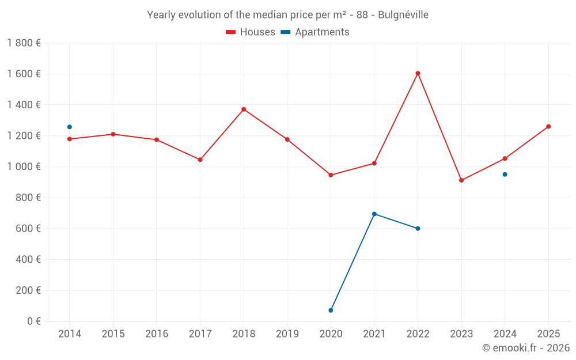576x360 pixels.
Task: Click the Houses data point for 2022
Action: coord(418,73)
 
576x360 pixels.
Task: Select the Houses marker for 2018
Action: coord(244,109)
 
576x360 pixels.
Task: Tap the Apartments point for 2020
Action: coord(331,310)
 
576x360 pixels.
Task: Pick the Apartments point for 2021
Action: coord(374,214)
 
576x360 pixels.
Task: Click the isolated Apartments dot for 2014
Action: coord(70,127)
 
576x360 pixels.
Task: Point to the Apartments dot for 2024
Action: coord(505,175)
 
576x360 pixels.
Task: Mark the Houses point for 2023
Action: coord(461,180)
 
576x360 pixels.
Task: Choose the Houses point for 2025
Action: coord(548,127)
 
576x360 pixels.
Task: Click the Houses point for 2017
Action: coord(200,160)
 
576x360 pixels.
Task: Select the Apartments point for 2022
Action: coord(418,229)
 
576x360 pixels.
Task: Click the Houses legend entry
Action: coord(251,32)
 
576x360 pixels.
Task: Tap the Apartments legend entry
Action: coord(315,32)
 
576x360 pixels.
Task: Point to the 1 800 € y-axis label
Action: coord(24,43)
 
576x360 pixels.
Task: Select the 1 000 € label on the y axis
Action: coord(24,167)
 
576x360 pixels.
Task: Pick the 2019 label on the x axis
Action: coord(287,334)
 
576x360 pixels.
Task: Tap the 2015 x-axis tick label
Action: coord(113,334)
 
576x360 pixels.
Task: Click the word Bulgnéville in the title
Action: coord(403,15)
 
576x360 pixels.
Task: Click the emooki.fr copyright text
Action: coord(526,348)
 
